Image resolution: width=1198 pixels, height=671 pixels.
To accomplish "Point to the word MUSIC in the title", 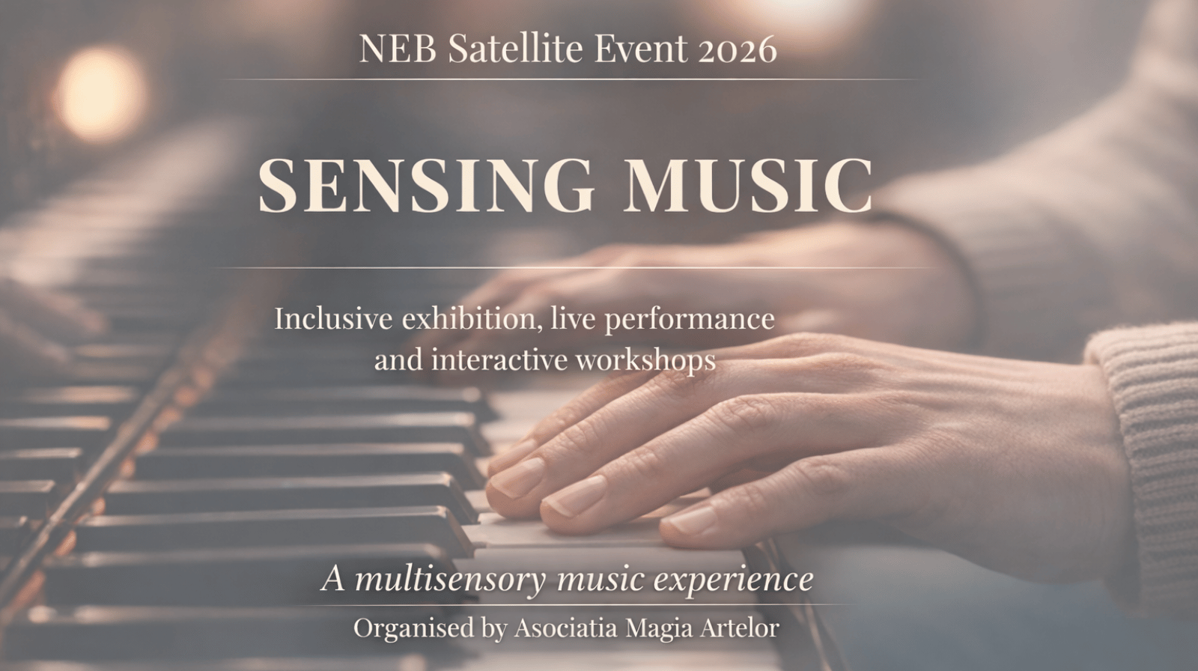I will point(748,184).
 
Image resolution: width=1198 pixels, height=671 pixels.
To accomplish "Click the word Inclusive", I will point(333,318).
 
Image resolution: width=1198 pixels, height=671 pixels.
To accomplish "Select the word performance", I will point(689,320).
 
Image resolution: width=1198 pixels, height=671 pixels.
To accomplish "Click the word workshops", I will point(645,361).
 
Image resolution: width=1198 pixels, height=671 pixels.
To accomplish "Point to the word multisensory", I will point(449,580).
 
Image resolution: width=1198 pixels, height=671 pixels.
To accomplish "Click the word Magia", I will point(659,628).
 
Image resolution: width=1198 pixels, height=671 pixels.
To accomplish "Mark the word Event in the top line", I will point(640,49).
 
